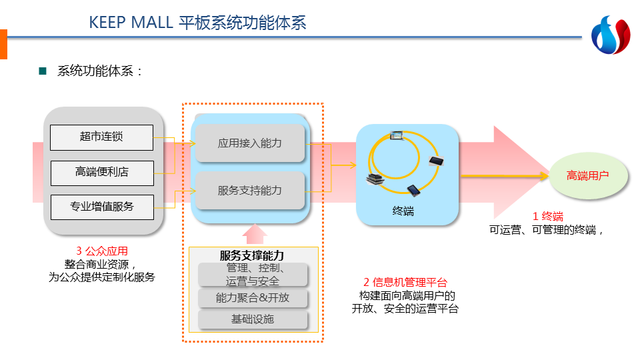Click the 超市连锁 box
[x=101, y=137]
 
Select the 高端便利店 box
[x=101, y=173]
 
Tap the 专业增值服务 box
[x=101, y=207]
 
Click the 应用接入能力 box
[x=250, y=143]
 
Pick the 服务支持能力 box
[x=250, y=191]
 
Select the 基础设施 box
[x=253, y=319]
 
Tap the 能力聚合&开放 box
[x=253, y=298]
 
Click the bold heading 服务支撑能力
[x=251, y=255]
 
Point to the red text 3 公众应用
[x=102, y=251]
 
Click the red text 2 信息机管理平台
[x=405, y=282]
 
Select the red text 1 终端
[x=547, y=217]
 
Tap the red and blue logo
[x=610, y=37]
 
